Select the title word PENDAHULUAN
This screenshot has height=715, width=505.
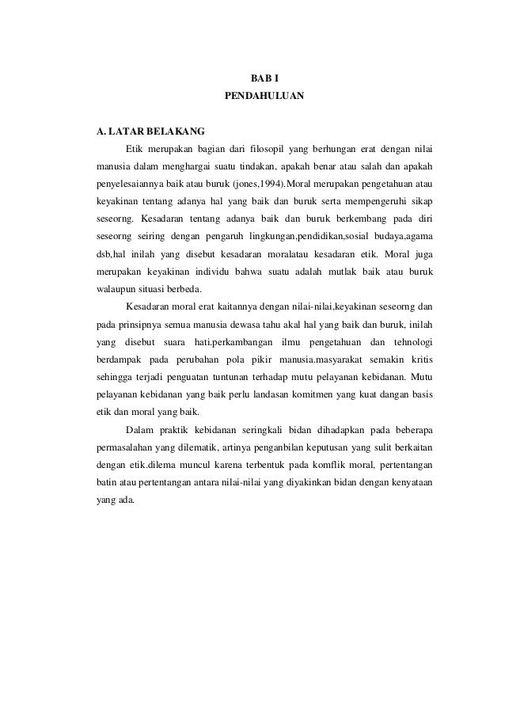tap(264, 97)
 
